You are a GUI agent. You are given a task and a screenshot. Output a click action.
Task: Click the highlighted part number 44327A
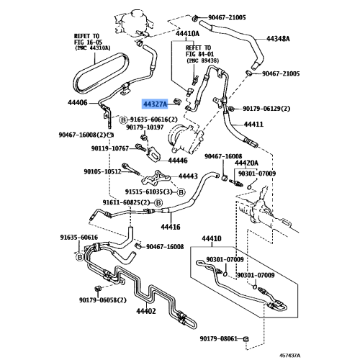pyautogui.click(x=155, y=104)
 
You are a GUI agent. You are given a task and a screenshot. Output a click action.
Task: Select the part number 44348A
pyautogui.click(x=278, y=38)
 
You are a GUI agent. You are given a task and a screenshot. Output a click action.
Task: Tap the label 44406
pyautogui.click(x=78, y=103)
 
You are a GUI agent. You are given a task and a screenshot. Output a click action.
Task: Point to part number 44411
pyautogui.click(x=253, y=125)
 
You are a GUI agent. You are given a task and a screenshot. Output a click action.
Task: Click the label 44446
pyautogui.click(x=178, y=161)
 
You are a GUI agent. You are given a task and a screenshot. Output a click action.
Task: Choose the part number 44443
pyautogui.click(x=188, y=176)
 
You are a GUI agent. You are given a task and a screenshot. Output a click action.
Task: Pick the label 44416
pyautogui.click(x=171, y=227)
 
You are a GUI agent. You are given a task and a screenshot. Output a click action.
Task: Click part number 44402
pyautogui.click(x=146, y=311)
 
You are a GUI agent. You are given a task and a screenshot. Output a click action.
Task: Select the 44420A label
pyautogui.click(x=246, y=163)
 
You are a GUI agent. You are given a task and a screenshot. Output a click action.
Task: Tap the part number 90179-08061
pyautogui.click(x=219, y=338)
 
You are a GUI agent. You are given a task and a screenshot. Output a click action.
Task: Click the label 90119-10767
pyautogui.click(x=110, y=148)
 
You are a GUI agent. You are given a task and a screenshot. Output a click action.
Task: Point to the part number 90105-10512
pyautogui.click(x=102, y=171)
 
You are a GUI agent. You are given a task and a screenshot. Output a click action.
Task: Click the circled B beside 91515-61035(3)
pyautogui.click(x=181, y=192)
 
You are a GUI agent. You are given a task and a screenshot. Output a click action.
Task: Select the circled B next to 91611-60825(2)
pyautogui.click(x=158, y=203)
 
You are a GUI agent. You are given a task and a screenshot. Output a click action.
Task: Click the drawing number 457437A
pyautogui.click(x=289, y=355)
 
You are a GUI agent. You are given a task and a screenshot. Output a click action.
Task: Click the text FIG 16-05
pyautogui.click(x=89, y=42)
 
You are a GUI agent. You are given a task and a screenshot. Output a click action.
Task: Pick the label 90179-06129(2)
pyautogui.click(x=266, y=109)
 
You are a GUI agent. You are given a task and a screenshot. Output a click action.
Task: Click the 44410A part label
pyautogui.click(x=187, y=33)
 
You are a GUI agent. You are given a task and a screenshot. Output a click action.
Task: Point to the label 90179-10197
pyautogui.click(x=145, y=127)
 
